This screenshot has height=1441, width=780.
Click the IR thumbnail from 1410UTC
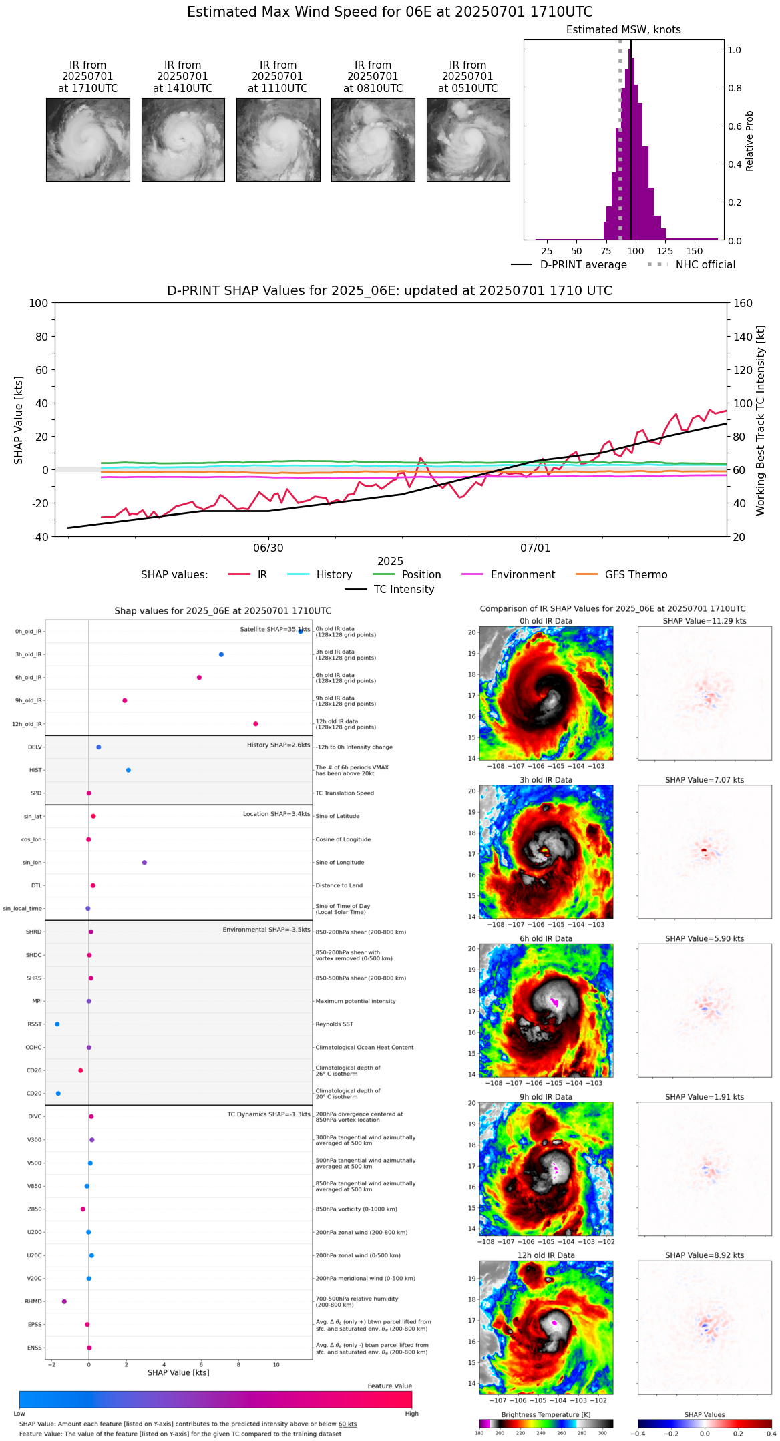(x=183, y=140)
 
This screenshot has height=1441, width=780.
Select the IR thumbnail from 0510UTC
(x=468, y=140)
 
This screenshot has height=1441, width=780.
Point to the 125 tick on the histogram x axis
(x=664, y=251)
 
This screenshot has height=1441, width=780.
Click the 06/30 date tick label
(x=268, y=548)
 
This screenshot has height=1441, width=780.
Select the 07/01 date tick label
(x=536, y=548)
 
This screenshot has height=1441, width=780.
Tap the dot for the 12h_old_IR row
(x=256, y=724)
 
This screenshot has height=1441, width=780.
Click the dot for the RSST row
(x=57, y=1024)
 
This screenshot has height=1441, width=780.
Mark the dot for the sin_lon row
(x=144, y=863)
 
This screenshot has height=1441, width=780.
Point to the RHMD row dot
(x=64, y=1301)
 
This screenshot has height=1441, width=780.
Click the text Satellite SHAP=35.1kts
(x=274, y=630)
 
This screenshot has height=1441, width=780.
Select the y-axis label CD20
(x=33, y=1094)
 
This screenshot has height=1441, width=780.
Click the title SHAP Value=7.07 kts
(x=705, y=780)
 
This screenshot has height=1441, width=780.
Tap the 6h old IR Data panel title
(x=546, y=938)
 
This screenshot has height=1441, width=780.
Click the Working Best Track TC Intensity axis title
(x=761, y=421)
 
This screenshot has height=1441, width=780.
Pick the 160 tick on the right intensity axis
(x=743, y=304)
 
